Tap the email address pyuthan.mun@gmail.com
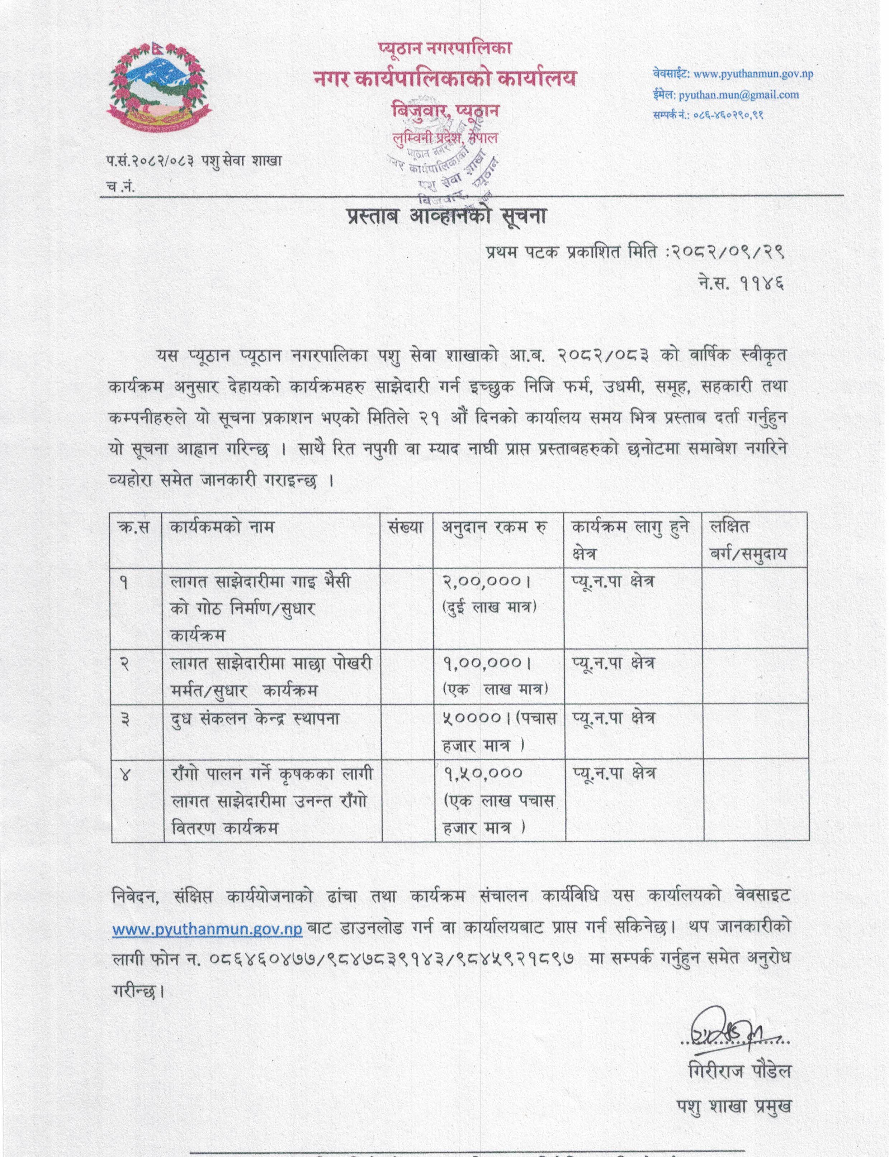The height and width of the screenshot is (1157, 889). coord(738,95)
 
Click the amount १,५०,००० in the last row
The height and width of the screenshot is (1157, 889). coord(483,774)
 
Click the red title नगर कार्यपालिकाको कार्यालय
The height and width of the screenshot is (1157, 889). coord(445,79)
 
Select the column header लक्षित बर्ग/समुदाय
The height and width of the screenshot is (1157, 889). coord(748,540)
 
